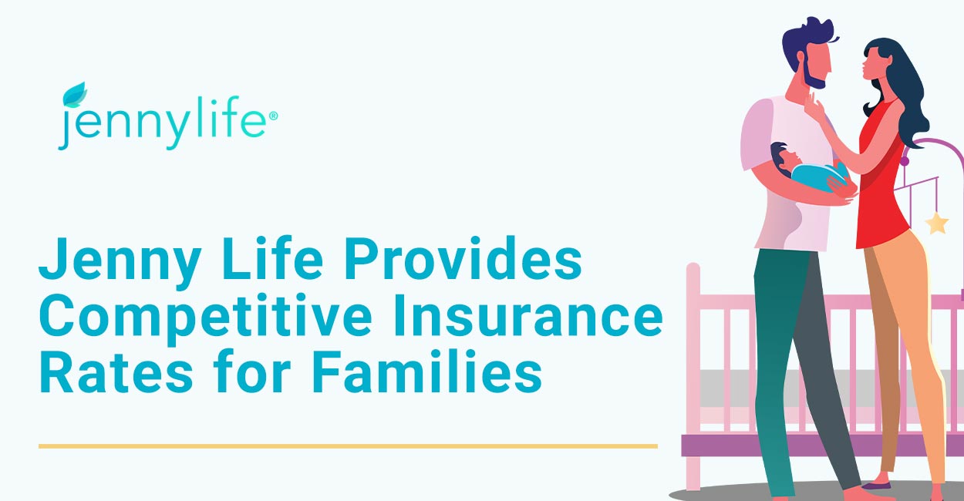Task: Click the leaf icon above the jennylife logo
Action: pyautogui.click(x=75, y=95)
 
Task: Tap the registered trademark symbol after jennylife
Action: pyautogui.click(x=273, y=116)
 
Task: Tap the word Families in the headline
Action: pyautogui.click(x=427, y=372)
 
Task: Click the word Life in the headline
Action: pyautogui.click(x=272, y=258)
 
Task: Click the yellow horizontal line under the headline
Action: pyautogui.click(x=348, y=446)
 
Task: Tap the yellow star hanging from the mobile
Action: pyautogui.click(x=937, y=224)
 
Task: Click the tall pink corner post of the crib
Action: pyautogui.click(x=693, y=374)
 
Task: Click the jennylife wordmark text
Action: pyautogui.click(x=163, y=123)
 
